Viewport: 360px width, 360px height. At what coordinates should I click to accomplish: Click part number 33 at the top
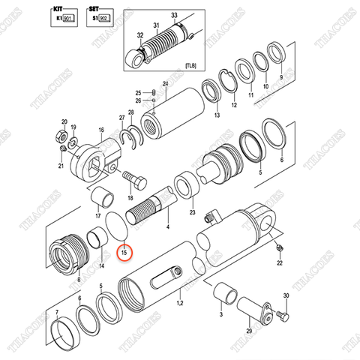tap(174, 15)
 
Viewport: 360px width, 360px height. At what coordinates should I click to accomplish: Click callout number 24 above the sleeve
tap(165, 83)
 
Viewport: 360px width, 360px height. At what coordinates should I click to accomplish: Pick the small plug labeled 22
tap(278, 248)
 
